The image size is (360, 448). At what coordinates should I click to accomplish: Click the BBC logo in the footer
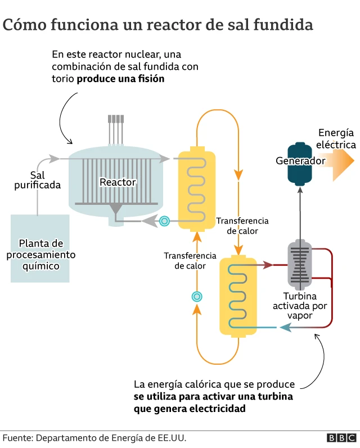click(x=341, y=438)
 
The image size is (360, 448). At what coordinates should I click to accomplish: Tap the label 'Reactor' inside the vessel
click(x=117, y=182)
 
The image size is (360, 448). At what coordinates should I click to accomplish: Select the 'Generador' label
click(x=300, y=161)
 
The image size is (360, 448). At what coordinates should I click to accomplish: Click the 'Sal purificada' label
click(x=37, y=180)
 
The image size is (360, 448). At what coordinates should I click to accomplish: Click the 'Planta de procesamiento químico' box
click(x=40, y=248)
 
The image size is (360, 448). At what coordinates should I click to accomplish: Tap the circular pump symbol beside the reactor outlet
click(x=164, y=221)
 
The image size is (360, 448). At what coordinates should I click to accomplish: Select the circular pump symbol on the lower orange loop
click(x=197, y=297)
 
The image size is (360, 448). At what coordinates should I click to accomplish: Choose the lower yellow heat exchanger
click(x=237, y=295)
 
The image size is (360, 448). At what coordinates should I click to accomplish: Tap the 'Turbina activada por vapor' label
click(x=299, y=306)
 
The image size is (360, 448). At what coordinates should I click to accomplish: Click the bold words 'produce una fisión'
click(x=120, y=79)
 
